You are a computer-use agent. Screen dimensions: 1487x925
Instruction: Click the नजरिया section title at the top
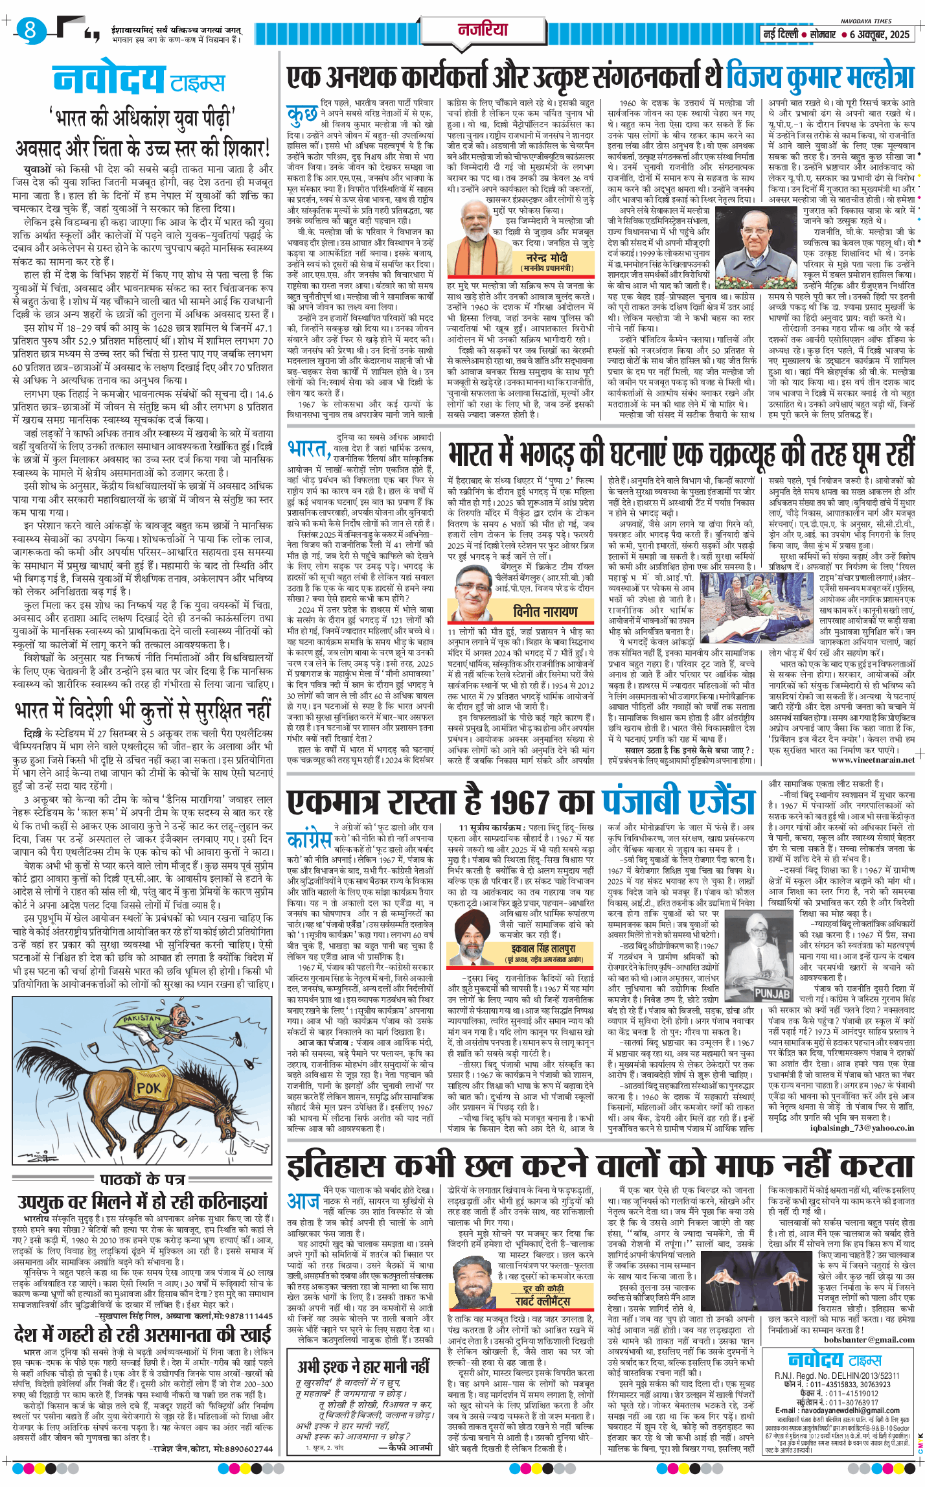(x=483, y=29)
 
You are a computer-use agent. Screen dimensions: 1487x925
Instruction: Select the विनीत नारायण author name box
(x=545, y=612)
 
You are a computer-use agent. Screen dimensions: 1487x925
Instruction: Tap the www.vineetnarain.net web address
(x=873, y=759)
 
